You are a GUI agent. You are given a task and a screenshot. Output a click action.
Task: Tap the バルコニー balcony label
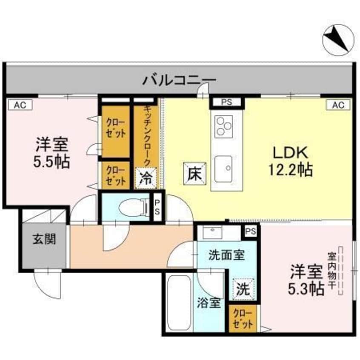[179, 80]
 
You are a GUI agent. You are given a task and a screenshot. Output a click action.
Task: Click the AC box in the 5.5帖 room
[17, 105]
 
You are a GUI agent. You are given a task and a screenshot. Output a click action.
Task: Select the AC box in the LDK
[338, 105]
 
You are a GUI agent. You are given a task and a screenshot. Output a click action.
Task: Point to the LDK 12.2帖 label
[290, 161]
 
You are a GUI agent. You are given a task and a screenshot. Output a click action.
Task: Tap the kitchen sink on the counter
[224, 164]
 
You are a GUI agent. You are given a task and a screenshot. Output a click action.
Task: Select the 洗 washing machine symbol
[243, 290]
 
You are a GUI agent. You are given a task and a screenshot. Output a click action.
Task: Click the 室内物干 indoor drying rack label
[331, 271]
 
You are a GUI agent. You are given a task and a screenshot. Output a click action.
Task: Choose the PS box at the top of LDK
[227, 103]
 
